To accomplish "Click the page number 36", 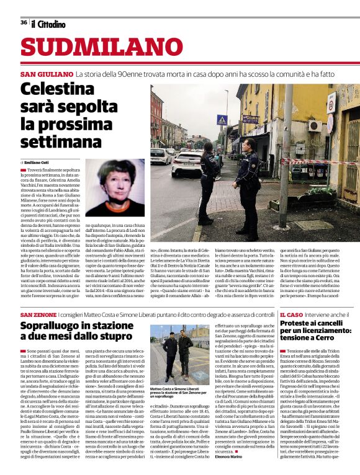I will click(24, 22).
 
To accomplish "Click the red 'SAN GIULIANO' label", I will click(47, 74).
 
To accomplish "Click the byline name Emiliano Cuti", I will click(39, 161).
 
